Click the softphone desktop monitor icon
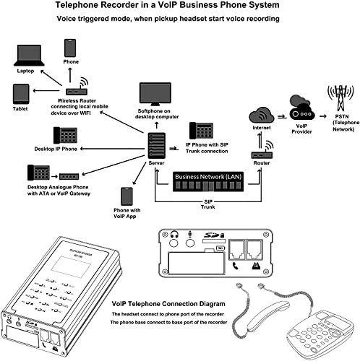[x=155, y=94]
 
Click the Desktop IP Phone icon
[x=66, y=136]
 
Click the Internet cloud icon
[x=260, y=115]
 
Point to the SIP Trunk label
[x=207, y=204]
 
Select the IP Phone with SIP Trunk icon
[x=200, y=131]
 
